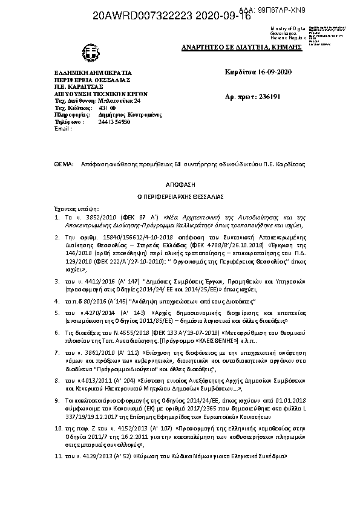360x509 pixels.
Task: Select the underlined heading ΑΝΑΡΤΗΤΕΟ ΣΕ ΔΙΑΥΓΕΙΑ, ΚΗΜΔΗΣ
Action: tap(233, 47)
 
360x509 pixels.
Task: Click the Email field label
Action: tap(63, 129)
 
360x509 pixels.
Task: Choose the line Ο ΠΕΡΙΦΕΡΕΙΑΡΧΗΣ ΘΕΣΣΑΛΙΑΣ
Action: tap(180, 196)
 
